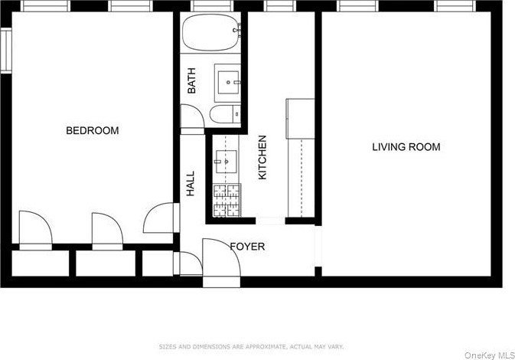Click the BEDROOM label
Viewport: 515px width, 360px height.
[93, 130]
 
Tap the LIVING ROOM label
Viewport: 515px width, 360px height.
[406, 146]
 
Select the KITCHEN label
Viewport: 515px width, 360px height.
[262, 158]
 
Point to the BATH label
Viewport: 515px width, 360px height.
[191, 80]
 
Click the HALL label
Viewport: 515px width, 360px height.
[191, 184]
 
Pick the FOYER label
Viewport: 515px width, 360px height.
[247, 247]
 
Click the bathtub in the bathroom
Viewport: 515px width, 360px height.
[211, 32]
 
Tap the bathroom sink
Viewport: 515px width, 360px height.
[229, 83]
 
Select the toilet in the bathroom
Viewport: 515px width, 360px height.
[225, 114]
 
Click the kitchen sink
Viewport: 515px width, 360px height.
[226, 162]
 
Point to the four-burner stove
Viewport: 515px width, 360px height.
[227, 200]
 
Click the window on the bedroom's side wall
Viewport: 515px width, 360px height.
[6, 51]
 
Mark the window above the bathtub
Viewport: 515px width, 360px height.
[212, 6]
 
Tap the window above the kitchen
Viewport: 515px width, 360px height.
[279, 6]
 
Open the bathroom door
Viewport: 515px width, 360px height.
[193, 119]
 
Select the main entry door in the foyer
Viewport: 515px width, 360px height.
[221, 260]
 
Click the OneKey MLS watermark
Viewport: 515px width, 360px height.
[490, 355]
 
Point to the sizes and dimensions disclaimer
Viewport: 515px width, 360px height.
[251, 346]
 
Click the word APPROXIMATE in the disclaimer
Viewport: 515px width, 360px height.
[262, 346]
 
